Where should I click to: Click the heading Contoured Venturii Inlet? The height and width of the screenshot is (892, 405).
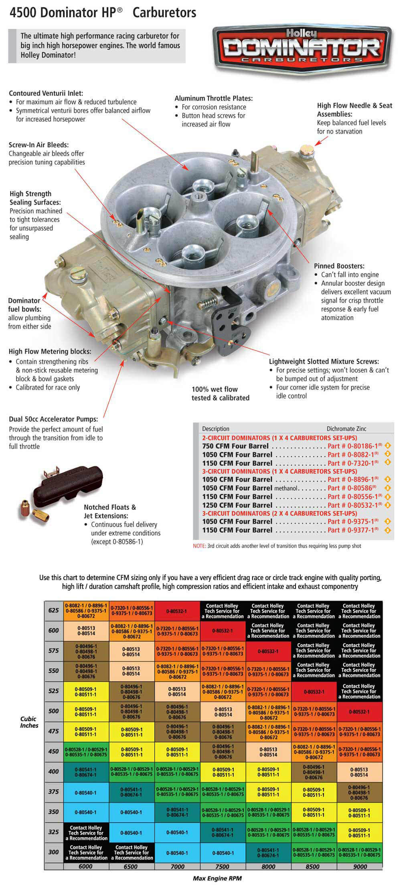[x=46, y=93]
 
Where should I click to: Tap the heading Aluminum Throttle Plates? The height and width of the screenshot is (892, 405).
[x=213, y=98]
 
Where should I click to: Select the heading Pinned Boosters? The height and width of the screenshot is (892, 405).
[x=339, y=266]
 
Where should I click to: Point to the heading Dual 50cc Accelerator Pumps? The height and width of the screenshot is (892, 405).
[x=53, y=419]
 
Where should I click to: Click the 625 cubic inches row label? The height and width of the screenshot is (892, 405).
[x=54, y=611]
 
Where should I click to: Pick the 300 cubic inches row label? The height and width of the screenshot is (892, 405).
[x=54, y=852]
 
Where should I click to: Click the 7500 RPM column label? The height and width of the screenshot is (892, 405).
[x=223, y=866]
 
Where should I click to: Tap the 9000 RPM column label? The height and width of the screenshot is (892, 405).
[x=360, y=866]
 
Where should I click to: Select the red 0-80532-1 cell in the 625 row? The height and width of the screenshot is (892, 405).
[x=177, y=611]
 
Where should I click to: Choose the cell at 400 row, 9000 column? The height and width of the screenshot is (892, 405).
[x=359, y=772]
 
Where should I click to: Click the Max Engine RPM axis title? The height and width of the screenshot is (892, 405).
[x=217, y=878]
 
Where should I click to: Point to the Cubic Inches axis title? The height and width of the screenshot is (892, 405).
[x=29, y=722]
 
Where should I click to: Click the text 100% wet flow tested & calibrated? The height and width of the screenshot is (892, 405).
[x=220, y=393]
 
